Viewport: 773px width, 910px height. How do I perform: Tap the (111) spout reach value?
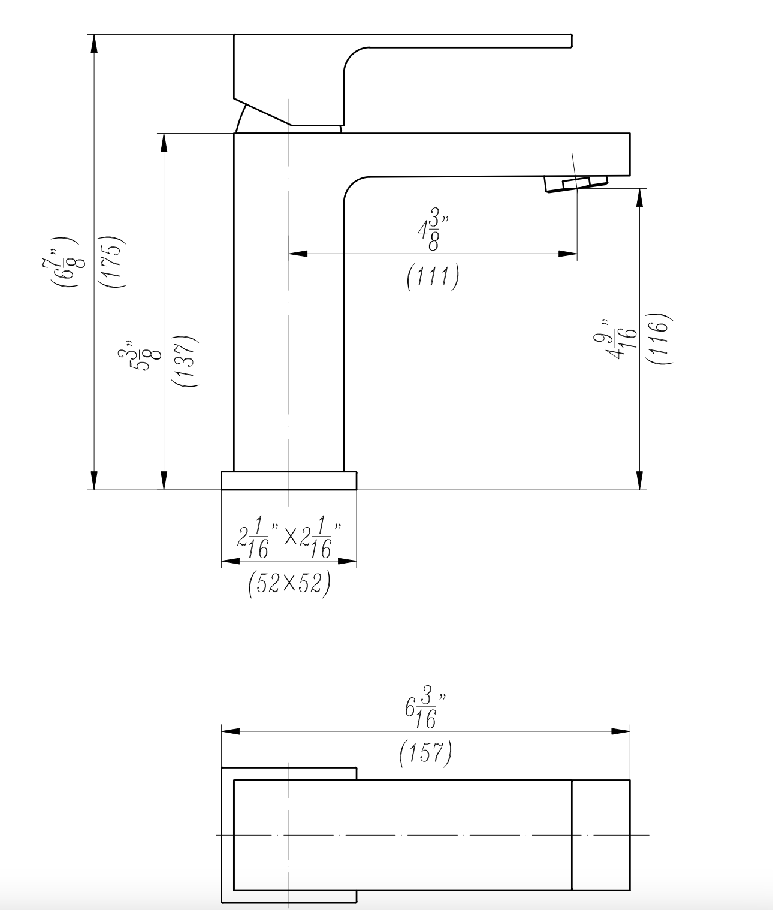pyautogui.click(x=433, y=276)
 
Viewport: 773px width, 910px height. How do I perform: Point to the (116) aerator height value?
pyautogui.click(x=657, y=339)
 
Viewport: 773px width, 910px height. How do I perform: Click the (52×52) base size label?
pyautogui.click(x=289, y=584)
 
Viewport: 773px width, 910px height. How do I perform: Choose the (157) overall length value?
pyautogui.click(x=425, y=753)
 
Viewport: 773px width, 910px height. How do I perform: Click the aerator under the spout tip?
pyautogui.click(x=575, y=183)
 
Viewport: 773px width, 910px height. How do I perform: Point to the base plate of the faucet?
pyautogui.click(x=288, y=480)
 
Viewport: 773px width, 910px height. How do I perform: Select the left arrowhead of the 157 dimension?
pyautogui.click(x=231, y=731)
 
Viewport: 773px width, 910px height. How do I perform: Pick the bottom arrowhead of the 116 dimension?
pyautogui.click(x=641, y=480)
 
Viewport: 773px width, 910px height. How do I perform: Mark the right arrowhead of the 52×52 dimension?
pyautogui.click(x=348, y=562)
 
